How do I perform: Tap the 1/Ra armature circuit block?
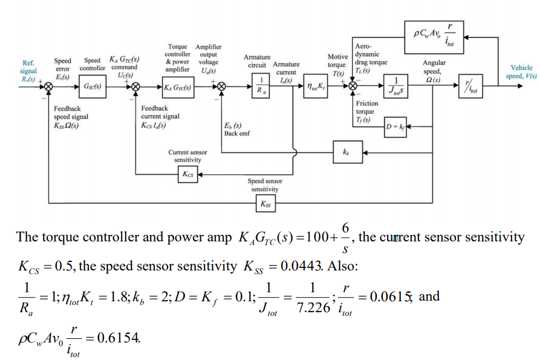click(x=261, y=87)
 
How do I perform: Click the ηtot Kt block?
click(x=313, y=87)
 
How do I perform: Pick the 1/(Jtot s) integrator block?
click(x=396, y=87)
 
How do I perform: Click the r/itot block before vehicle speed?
click(x=468, y=87)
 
